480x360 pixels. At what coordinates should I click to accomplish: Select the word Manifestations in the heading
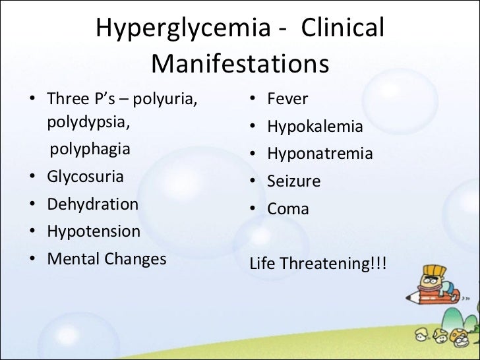point(240,65)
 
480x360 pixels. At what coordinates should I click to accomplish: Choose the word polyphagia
point(90,149)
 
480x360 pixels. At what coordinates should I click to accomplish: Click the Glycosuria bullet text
point(85,177)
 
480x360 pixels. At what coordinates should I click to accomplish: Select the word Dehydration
point(92,204)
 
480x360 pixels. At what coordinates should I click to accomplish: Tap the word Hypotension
point(94,231)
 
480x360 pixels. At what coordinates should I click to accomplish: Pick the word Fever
point(287,100)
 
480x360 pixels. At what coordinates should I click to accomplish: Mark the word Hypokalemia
point(315,127)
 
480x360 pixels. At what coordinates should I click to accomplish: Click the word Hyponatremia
point(320,154)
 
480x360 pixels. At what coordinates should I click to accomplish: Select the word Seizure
point(293,181)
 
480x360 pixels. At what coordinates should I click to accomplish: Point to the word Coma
point(288,209)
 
